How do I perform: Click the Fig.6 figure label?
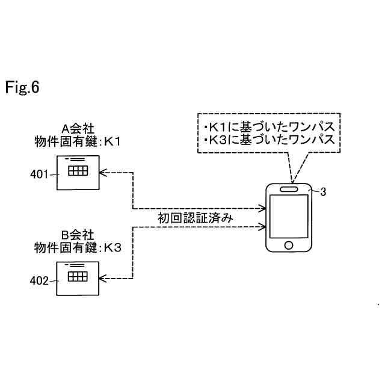(x=22, y=88)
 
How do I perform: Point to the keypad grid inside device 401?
(x=78, y=171)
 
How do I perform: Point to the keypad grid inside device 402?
(x=78, y=277)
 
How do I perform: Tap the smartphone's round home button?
(x=289, y=245)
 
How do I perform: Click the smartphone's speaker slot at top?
(x=290, y=188)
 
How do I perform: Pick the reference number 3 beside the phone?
(x=323, y=192)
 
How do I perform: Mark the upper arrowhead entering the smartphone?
(x=262, y=209)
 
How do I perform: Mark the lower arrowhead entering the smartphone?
(x=262, y=227)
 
